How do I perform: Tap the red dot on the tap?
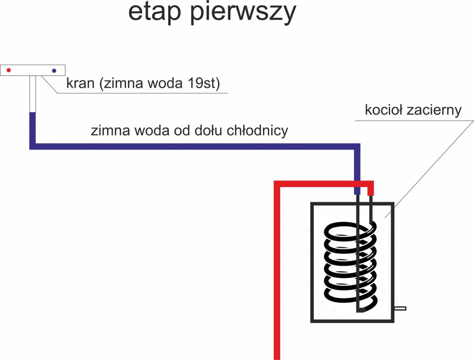coord(9,70)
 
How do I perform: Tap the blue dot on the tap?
coord(54,71)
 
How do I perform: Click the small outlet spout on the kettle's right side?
coord(400,308)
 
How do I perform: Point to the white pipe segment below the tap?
coord(33,94)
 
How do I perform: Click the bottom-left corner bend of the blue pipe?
coord(33,146)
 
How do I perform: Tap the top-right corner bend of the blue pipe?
coord(357,146)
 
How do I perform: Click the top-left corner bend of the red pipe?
coord(278,184)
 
